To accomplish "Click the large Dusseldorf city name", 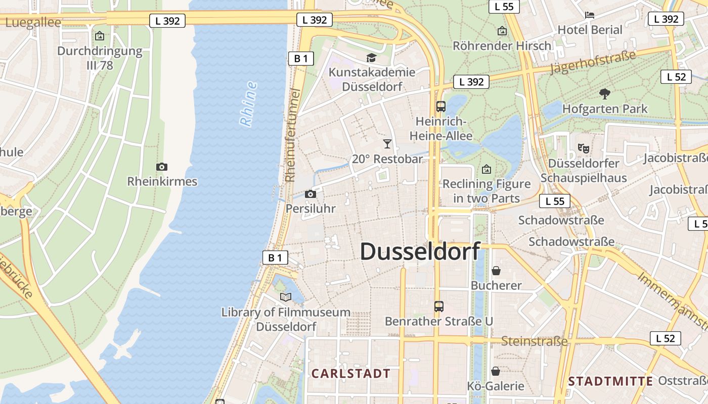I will [x=420, y=251].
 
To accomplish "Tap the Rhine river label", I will [x=248, y=104].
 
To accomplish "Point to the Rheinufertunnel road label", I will [x=292, y=135].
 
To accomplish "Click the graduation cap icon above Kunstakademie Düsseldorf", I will [x=371, y=58].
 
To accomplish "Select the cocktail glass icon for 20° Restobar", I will [x=387, y=144].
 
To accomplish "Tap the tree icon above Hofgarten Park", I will [x=604, y=93].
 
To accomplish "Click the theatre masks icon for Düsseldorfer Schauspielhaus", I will [x=584, y=148].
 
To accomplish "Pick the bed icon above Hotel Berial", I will [x=590, y=15].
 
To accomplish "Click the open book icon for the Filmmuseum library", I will [x=286, y=297].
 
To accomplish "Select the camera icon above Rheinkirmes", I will [x=162, y=167].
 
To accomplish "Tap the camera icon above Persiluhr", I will [x=311, y=194].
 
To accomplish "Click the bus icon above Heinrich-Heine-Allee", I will [x=440, y=107].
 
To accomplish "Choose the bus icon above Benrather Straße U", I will [x=438, y=306].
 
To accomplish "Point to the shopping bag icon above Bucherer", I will [x=496, y=271].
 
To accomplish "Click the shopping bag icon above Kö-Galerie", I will [x=496, y=371].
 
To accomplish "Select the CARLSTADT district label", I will [x=351, y=374].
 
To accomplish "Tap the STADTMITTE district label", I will [x=610, y=381].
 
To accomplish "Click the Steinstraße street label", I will [x=535, y=341].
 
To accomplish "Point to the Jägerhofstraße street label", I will [x=592, y=62].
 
